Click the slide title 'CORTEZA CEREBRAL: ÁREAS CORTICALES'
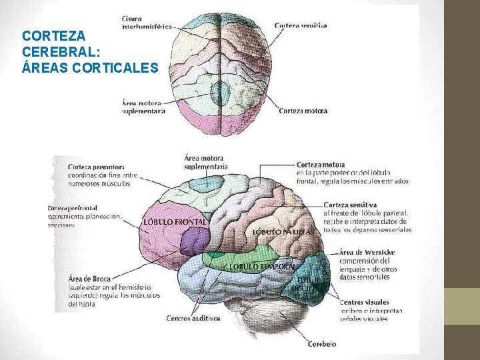[x=89, y=51]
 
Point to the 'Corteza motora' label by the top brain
[x=303, y=111]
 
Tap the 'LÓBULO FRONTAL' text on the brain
[x=175, y=221]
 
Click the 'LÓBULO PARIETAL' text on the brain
[x=282, y=231]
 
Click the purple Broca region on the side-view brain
[x=195, y=241]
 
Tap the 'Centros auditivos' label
[x=193, y=318]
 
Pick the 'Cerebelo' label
[x=322, y=344]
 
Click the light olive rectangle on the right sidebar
[x=462, y=306]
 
